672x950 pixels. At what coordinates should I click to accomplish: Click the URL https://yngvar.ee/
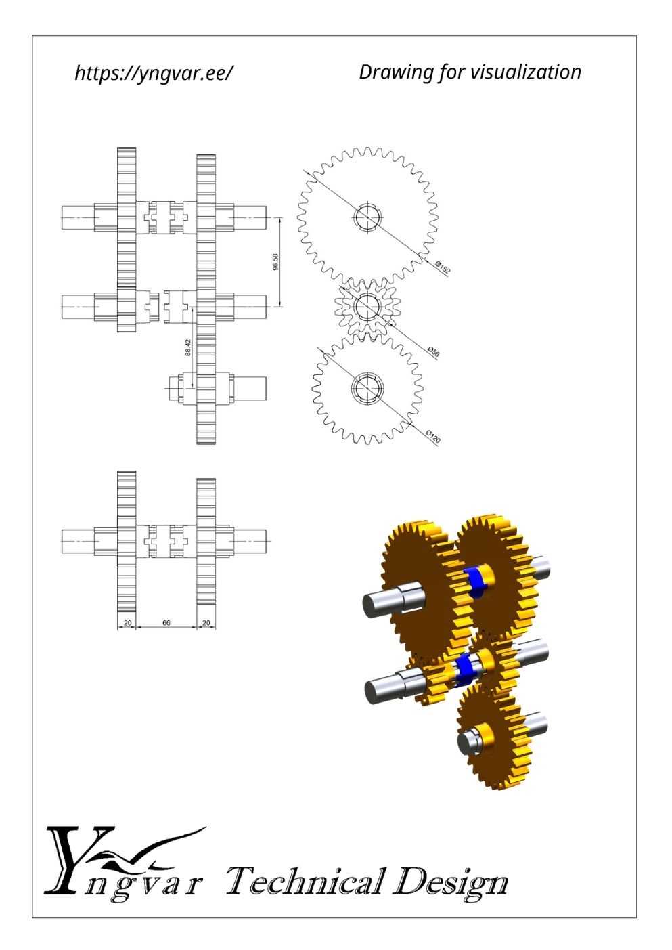(x=154, y=73)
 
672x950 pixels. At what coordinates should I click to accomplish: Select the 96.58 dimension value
(x=276, y=261)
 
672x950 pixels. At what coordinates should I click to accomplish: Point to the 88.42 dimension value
(x=188, y=347)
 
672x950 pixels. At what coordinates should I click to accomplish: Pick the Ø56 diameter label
(x=433, y=351)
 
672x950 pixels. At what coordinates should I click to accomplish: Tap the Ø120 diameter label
(x=433, y=437)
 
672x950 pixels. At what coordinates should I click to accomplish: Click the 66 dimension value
(x=166, y=623)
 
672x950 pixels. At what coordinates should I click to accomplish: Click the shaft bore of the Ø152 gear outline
(x=367, y=217)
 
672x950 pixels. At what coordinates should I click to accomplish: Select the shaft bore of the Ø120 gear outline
(x=367, y=389)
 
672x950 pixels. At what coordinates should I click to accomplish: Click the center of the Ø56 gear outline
(x=367, y=306)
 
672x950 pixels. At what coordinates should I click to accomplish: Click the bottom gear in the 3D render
(x=494, y=739)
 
